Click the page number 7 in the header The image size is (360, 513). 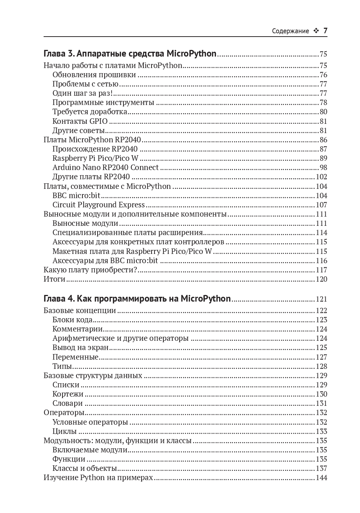coord(325,31)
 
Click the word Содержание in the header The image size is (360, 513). coord(290,31)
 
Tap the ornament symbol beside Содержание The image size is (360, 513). coord(316,31)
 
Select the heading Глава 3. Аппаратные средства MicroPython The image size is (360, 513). coord(130,54)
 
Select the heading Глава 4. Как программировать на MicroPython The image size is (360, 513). coord(137,299)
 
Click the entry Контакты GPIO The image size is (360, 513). coord(80,121)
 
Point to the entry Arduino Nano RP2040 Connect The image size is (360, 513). coord(105,167)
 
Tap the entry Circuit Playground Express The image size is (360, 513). coord(99,205)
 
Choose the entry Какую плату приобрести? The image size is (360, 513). coord(91,270)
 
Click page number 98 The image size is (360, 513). coord(323,167)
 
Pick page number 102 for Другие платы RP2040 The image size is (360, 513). coord(321,177)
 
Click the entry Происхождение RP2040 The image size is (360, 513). coord(95,149)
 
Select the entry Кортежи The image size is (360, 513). coord(68,394)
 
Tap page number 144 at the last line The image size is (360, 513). coord(321,478)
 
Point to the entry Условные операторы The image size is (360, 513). coord(90,422)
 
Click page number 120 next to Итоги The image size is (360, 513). coord(321,279)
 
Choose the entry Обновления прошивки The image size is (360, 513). coord(94,75)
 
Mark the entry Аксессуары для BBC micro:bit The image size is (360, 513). coord(105,261)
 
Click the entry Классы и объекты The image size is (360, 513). coord(85,468)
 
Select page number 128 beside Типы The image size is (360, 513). coord(321,366)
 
